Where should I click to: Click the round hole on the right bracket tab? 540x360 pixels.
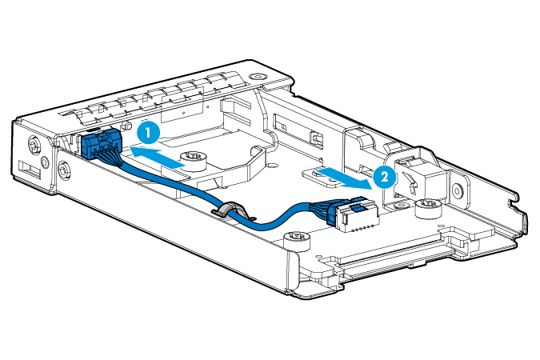457,192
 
